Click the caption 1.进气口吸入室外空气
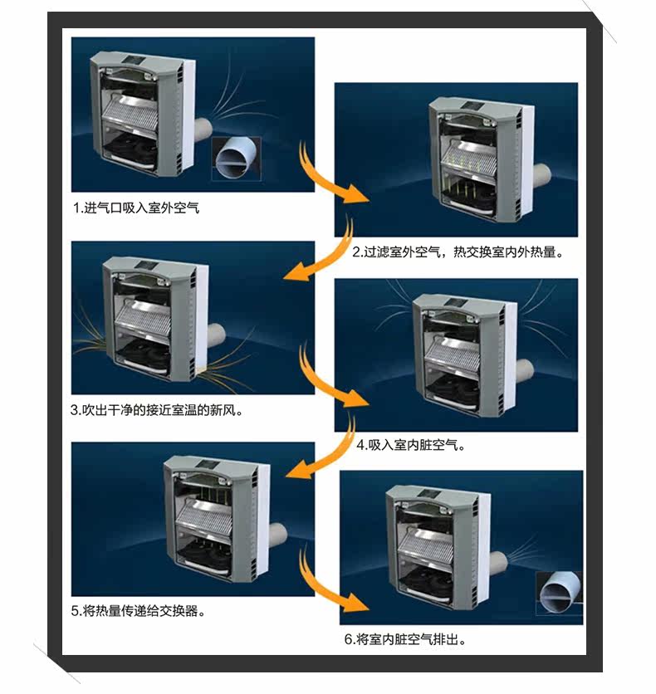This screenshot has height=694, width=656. (x=136, y=208)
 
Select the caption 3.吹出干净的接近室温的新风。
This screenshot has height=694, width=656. (x=162, y=409)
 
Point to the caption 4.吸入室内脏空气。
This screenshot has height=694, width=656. (x=410, y=445)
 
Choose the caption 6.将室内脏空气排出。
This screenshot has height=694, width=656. (x=404, y=640)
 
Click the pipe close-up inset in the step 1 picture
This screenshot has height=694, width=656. (x=236, y=159)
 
